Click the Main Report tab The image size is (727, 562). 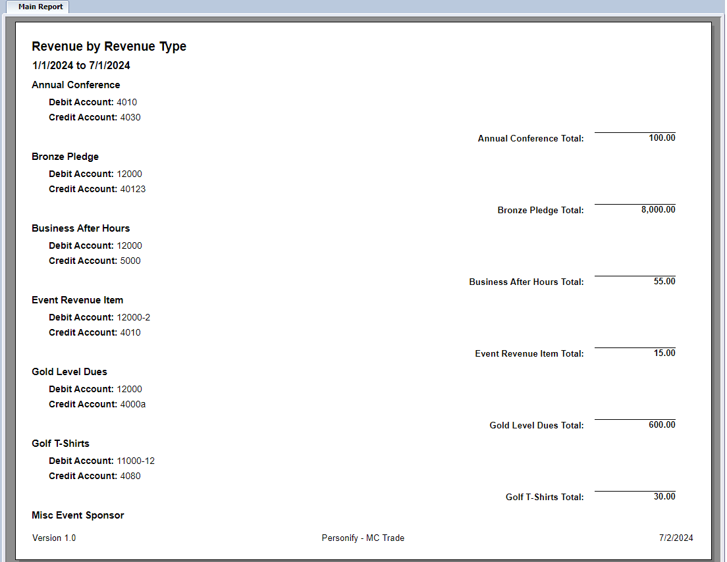(x=40, y=7)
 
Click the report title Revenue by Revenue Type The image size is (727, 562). (x=109, y=46)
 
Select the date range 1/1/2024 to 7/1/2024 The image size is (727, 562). (x=81, y=65)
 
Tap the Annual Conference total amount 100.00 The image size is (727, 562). (x=662, y=138)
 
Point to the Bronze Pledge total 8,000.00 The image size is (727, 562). (x=658, y=209)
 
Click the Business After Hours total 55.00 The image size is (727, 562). (x=664, y=281)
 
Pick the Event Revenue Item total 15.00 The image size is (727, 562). (x=664, y=353)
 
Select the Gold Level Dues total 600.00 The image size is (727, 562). (x=662, y=424)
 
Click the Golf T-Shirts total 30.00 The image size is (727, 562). (x=664, y=496)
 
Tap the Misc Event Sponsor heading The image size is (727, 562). (x=78, y=515)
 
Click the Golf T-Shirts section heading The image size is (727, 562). (x=61, y=444)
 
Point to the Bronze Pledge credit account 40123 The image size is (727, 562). (x=132, y=189)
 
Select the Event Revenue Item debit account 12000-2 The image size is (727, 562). (x=134, y=317)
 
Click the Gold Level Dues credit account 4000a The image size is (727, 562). (x=132, y=404)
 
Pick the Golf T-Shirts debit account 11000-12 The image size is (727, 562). (x=136, y=461)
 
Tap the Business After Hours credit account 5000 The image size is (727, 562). (x=130, y=261)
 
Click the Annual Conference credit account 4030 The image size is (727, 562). (x=130, y=117)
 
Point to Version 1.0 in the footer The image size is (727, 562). (x=54, y=538)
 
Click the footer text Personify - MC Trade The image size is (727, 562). (x=363, y=538)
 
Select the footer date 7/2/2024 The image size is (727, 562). (x=676, y=538)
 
